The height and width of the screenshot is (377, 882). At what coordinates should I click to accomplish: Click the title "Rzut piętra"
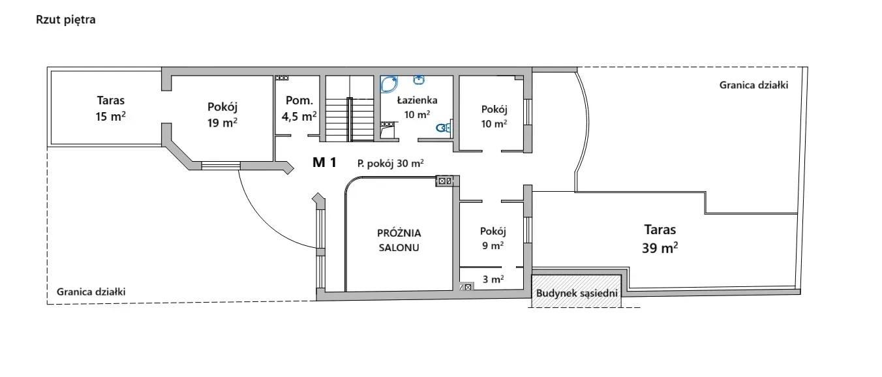(x=66, y=20)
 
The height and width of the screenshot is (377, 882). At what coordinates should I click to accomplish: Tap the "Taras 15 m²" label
(x=110, y=109)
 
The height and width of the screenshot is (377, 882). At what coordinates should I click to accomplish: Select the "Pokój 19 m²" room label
(x=222, y=114)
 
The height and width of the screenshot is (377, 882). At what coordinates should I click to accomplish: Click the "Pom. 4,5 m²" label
(x=299, y=108)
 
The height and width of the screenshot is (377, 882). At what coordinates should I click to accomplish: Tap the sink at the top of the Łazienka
(x=419, y=80)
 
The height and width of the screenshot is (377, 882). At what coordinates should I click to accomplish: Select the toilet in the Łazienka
(x=444, y=128)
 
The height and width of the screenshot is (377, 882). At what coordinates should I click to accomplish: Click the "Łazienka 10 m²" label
(x=417, y=107)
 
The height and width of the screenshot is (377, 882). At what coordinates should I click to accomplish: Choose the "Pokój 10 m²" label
(x=494, y=116)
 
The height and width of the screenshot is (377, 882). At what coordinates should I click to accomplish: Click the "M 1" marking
(x=324, y=163)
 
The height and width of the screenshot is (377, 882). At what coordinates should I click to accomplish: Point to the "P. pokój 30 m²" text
(x=391, y=164)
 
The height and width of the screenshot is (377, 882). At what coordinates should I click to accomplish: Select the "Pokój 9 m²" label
(x=493, y=238)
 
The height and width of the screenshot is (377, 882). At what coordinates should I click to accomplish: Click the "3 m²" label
(x=493, y=279)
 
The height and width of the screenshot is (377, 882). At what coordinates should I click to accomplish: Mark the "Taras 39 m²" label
(x=660, y=238)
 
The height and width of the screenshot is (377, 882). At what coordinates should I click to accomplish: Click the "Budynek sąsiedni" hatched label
(x=576, y=293)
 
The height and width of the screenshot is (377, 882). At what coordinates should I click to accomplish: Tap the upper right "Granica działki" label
(x=753, y=85)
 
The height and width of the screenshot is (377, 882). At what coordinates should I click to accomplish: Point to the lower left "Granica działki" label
(x=91, y=292)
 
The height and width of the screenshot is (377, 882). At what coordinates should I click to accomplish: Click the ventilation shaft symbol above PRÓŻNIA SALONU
(x=444, y=181)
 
